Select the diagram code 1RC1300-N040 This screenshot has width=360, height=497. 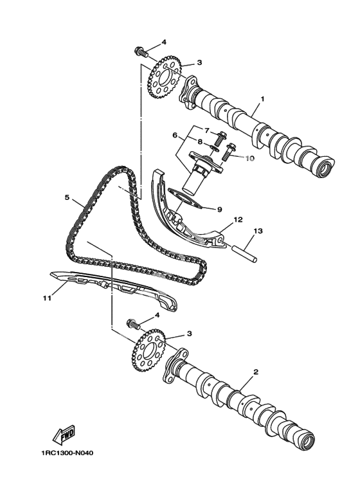[67, 453]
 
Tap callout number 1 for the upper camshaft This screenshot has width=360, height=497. [262, 99]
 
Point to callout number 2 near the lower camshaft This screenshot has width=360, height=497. [256, 372]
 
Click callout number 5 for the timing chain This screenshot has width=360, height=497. [67, 197]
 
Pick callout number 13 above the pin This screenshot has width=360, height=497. [258, 231]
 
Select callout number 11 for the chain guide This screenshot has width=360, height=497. [47, 298]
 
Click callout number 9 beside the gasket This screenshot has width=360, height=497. [219, 209]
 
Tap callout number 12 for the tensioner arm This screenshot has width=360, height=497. [238, 219]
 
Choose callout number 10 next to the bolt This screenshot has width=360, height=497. [249, 158]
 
